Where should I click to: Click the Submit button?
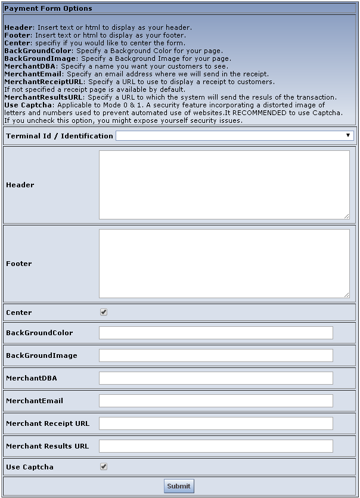coord(179,486)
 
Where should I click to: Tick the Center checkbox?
coord(104,312)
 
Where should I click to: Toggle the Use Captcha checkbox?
coord(104,466)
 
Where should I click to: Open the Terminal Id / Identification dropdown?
coord(235,136)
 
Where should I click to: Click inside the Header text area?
coord(224,185)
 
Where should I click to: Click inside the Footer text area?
coord(224,264)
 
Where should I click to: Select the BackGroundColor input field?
coord(216,333)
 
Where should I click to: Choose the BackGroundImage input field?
coord(216,355)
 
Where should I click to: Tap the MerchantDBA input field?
coord(216,378)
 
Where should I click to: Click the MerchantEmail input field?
coord(216,401)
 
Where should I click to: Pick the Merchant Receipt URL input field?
coord(216,423)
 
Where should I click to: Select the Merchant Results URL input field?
coord(216,446)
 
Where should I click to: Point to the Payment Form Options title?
coord(48,9)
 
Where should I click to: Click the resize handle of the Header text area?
coord(346,216)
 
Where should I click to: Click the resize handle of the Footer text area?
coord(346,295)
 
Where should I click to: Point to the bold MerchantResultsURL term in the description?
coord(44,97)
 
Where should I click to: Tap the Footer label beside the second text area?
coord(19,264)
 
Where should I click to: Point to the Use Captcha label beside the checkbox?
coord(30,467)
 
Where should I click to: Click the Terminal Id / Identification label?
coord(59,136)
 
